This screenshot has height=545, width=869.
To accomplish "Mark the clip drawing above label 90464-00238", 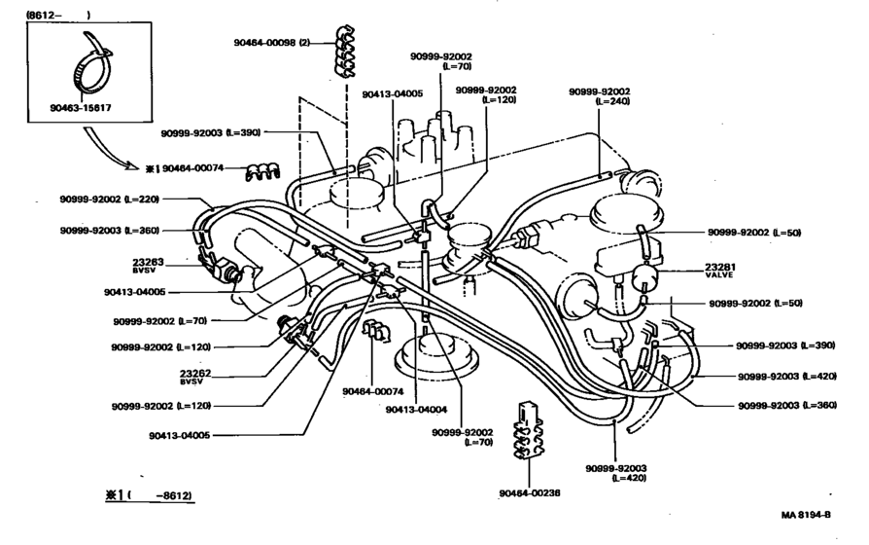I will point(529,433).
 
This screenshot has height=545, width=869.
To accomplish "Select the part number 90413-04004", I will point(416,410).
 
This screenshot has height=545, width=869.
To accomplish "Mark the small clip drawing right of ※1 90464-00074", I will point(261,173).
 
